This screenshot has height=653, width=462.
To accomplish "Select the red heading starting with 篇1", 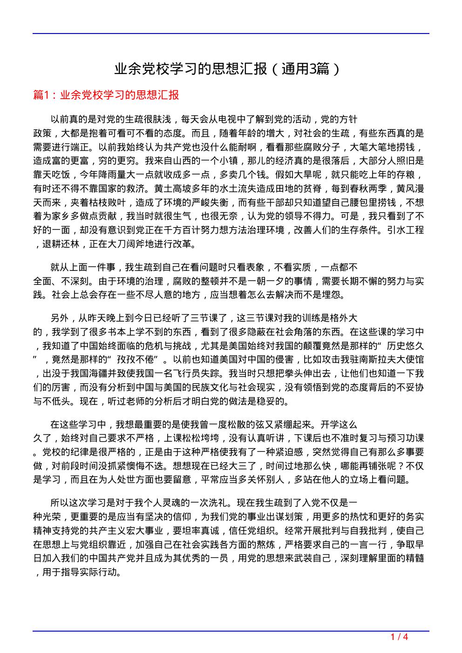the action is [106, 95].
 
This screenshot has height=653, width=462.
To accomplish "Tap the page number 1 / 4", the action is [399, 637].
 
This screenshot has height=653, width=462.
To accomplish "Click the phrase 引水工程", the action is [406, 230].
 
